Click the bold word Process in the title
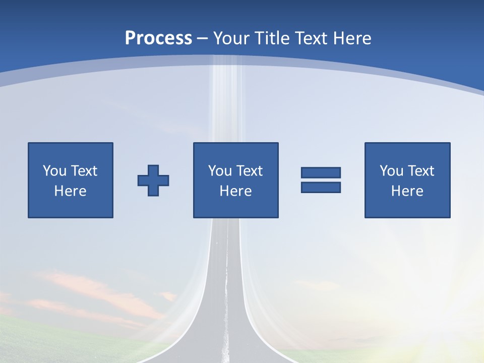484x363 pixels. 158,38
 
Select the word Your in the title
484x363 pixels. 228,38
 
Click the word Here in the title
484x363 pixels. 351,38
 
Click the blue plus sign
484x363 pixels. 153,180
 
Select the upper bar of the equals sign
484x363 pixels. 321,172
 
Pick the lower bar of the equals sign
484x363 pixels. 321,187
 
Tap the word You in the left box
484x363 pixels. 54,171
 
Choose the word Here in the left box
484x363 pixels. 70,191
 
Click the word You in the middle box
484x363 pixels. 220,171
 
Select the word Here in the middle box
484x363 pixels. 235,191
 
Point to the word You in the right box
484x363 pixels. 391,171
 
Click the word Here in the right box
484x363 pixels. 407,191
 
